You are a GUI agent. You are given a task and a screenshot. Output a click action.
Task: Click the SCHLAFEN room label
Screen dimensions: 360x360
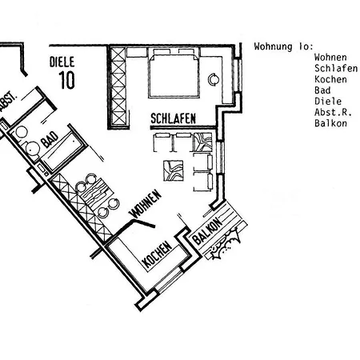[x=173, y=118]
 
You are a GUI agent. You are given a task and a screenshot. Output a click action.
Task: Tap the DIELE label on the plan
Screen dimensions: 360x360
[x=62, y=62]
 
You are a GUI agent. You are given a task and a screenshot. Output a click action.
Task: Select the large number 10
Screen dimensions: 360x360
[x=66, y=80]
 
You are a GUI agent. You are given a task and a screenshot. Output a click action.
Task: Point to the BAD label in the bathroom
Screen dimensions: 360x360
[x=50, y=139]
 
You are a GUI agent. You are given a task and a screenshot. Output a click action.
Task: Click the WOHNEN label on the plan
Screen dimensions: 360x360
[x=146, y=203]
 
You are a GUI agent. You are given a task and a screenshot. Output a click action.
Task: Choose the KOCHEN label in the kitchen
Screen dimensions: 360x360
[x=157, y=254]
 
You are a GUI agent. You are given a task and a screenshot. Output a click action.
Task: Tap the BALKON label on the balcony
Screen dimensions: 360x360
[x=207, y=231]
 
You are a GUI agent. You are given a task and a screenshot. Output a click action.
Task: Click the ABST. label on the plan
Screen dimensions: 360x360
[x=7, y=102]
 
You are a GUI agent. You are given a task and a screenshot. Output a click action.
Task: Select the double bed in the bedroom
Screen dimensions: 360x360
[x=174, y=73]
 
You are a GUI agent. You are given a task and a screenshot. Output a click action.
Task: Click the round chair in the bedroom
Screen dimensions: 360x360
[x=214, y=79]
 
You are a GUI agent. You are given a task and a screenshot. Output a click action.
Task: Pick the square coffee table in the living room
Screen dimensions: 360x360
[x=174, y=170]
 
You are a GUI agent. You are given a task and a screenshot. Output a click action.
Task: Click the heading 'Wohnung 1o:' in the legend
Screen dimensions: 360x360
[x=283, y=46]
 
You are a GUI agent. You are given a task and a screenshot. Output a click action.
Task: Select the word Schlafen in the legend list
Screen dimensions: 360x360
[x=336, y=68]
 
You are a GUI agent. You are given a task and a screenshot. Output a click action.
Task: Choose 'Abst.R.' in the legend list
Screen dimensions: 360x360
[x=333, y=112]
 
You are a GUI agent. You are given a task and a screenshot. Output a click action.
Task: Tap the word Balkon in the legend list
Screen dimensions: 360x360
[x=330, y=123]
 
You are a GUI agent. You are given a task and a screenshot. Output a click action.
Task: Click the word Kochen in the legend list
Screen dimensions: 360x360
[x=330, y=79]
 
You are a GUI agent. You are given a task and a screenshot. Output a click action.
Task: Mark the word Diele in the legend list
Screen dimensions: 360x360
[x=328, y=102]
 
